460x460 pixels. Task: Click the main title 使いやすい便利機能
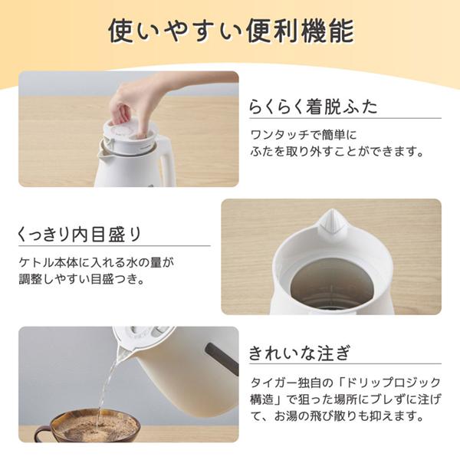(232, 31)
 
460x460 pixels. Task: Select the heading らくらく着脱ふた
(313, 106)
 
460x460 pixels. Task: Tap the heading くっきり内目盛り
(80, 234)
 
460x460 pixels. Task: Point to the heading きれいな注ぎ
(300, 353)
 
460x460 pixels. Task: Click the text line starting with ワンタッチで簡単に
(304, 135)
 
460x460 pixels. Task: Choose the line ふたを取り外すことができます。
(337, 151)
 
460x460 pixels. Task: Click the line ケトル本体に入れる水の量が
(97, 262)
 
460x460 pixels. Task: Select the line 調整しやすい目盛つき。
(82, 279)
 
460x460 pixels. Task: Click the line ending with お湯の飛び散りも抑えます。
(337, 416)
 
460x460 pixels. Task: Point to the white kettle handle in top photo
(166, 161)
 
